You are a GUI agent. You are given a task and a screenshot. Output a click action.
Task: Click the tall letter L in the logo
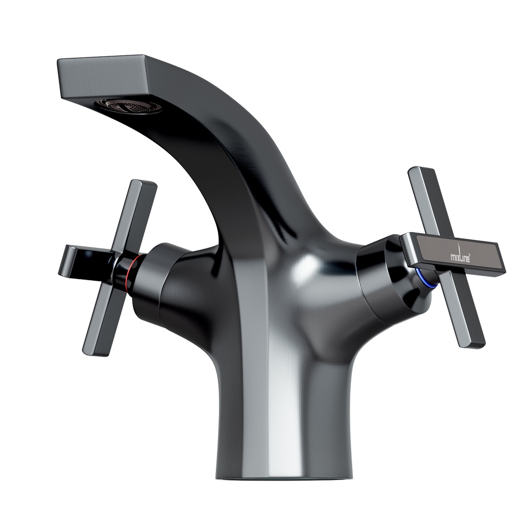(x=463, y=253)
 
